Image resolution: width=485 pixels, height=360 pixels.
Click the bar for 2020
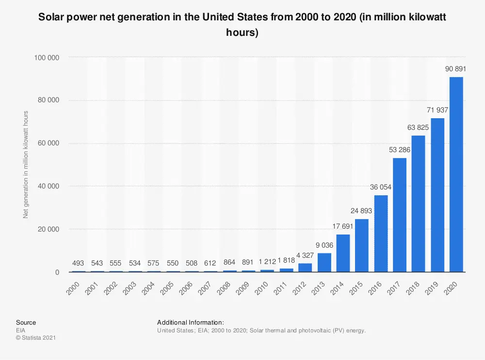(x=456, y=174)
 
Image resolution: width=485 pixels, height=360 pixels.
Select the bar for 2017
(x=400, y=215)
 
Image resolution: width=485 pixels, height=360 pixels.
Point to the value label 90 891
(x=456, y=69)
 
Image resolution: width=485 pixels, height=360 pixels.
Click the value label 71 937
(x=437, y=110)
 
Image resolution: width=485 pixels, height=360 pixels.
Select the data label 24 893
(x=362, y=211)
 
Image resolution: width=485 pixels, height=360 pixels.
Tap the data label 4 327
(x=305, y=255)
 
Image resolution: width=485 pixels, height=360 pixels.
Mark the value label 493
(x=78, y=264)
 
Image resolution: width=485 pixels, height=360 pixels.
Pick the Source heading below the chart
(x=26, y=323)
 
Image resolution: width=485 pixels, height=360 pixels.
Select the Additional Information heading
(x=190, y=323)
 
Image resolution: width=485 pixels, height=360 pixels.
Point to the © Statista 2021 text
(x=36, y=338)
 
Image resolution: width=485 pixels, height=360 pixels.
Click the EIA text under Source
(x=21, y=330)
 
